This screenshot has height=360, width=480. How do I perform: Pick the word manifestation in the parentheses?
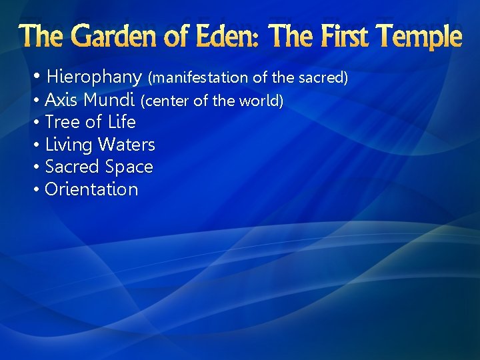(x=199, y=78)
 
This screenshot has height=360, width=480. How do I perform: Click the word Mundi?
(x=111, y=101)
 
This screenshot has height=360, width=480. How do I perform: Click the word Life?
(x=121, y=123)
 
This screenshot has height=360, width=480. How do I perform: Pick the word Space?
(x=129, y=167)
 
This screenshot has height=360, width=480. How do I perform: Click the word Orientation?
(x=91, y=189)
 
